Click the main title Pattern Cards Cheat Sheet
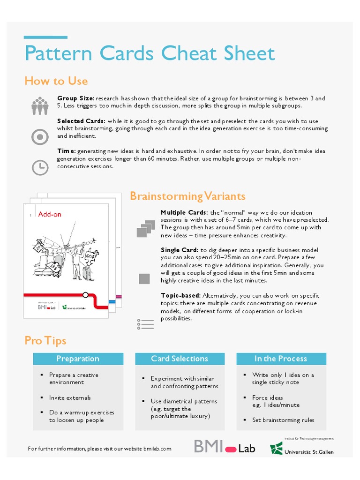pos(150,53)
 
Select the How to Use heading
pos(56,81)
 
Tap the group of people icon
pos(40,106)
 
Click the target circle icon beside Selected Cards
pos(40,137)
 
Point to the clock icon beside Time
pos(40,167)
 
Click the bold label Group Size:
pos(76,98)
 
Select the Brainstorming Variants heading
pos(187,196)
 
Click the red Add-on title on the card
pos(50,215)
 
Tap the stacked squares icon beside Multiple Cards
pos(145,228)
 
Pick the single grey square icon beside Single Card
pos(144,279)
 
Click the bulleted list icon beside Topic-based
pos(145,324)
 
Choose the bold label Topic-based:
pos(180,296)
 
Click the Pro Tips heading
pos(45,341)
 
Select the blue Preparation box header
pos(78,359)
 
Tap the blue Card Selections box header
pos(180,359)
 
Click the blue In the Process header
pos(280,359)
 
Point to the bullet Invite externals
pos(70,397)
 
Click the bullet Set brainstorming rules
pos(283,420)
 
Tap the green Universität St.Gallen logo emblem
pos(276,449)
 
